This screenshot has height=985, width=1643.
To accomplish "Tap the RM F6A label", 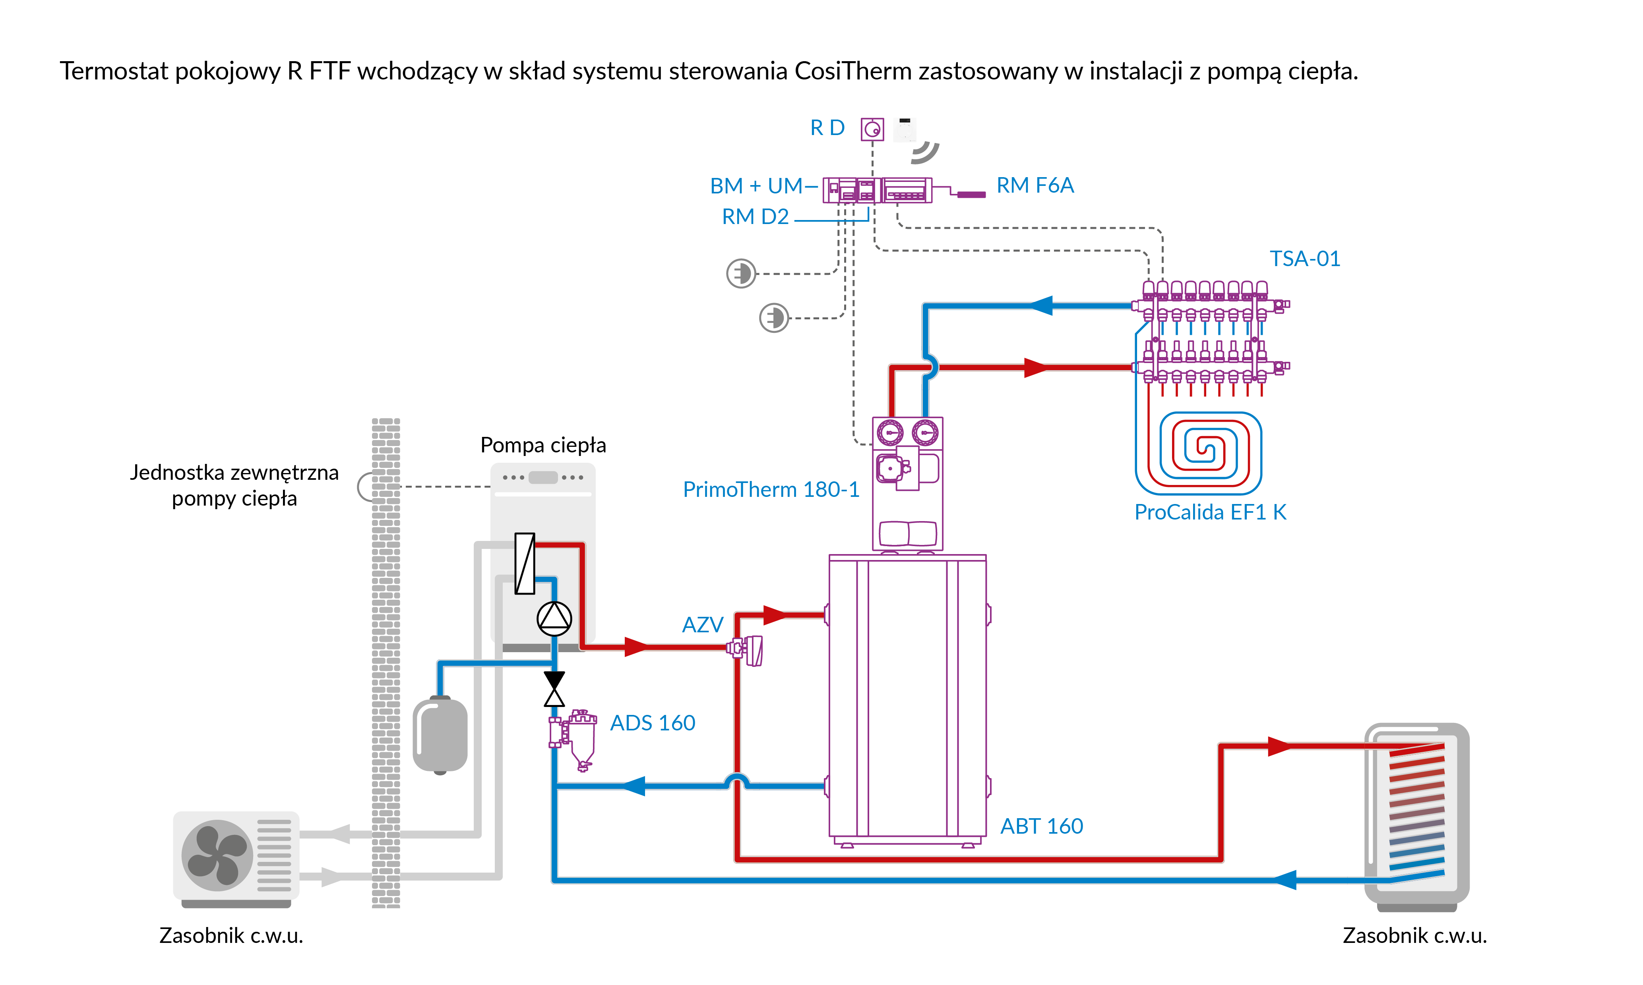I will pyautogui.click(x=1035, y=185).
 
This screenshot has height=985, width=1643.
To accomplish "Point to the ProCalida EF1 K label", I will pyautogui.click(x=1210, y=512).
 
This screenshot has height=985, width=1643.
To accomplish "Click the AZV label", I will pyautogui.click(x=702, y=625).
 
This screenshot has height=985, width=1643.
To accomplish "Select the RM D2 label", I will pyautogui.click(x=755, y=216).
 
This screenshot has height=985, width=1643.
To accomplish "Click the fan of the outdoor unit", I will pyautogui.click(x=217, y=855).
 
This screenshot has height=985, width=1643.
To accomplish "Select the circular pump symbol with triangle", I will pyautogui.click(x=554, y=619).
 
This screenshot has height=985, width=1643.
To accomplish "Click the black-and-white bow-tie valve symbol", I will pyautogui.click(x=554, y=689).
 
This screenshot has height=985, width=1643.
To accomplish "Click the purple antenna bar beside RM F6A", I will pyautogui.click(x=971, y=195).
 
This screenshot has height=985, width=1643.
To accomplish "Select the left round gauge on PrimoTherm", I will pyautogui.click(x=890, y=433).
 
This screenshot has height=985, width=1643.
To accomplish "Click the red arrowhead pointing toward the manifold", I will pyautogui.click(x=1035, y=367).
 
